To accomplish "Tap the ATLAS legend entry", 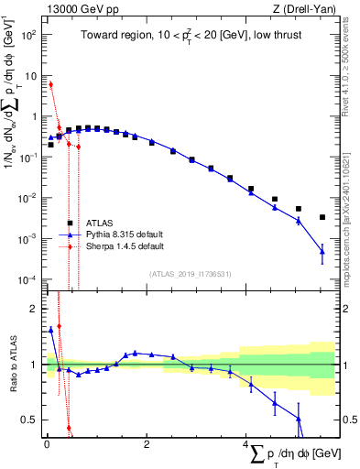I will click(x=101, y=223).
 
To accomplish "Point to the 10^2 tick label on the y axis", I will click(x=28, y=35).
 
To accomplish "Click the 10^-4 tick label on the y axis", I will click(x=28, y=280).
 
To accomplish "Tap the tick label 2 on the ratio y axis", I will click(x=33, y=310).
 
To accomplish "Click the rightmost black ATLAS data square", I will click(x=322, y=217).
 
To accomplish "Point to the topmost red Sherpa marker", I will click(x=50, y=84).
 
